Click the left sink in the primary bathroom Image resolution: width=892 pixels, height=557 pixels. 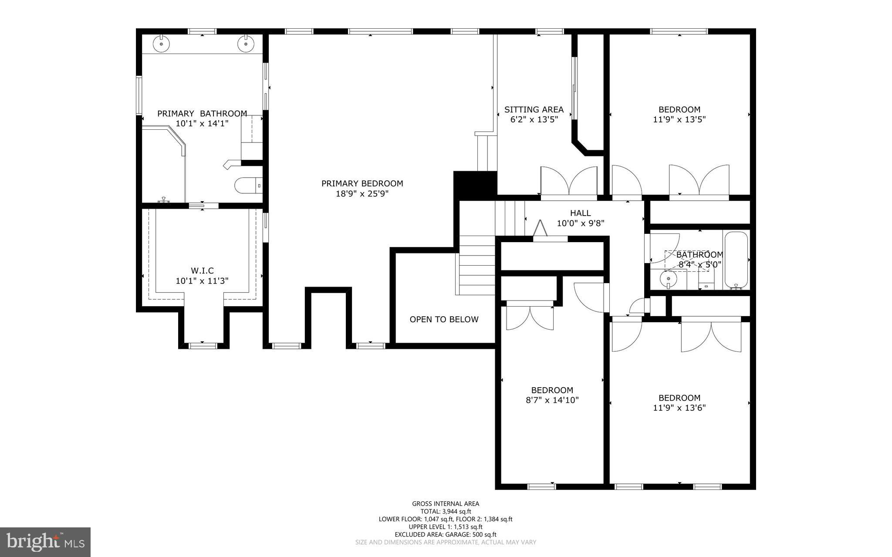(161, 44)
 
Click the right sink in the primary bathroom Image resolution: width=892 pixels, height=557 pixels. (245, 44)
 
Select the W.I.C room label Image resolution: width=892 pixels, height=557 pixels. (202, 271)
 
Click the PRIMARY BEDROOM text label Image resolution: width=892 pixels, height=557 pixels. (362, 184)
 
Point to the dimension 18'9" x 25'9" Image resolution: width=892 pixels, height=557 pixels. (362, 194)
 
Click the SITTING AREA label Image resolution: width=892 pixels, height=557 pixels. (534, 110)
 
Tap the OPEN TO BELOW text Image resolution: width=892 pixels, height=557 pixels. (444, 320)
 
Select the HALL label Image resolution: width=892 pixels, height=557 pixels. (580, 213)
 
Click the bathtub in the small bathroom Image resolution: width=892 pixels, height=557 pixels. (736, 260)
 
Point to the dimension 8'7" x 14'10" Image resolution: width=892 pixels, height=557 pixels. (552, 400)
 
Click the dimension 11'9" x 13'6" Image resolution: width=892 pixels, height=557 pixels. (679, 408)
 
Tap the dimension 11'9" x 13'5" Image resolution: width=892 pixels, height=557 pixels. (679, 119)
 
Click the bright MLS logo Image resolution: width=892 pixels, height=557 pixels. (45, 542)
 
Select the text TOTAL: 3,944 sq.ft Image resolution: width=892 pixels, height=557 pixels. (446, 512)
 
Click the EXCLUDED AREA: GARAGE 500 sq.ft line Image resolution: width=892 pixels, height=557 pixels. (446, 534)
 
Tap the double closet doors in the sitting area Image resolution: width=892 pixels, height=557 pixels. (569, 182)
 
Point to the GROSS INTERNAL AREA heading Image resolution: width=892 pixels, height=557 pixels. (446, 504)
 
